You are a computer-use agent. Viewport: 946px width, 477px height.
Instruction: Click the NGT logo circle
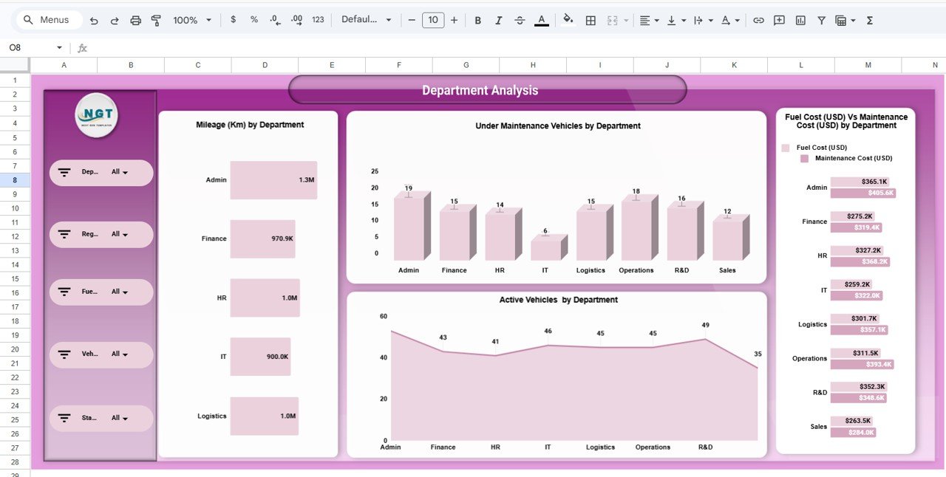pyautogui.click(x=97, y=115)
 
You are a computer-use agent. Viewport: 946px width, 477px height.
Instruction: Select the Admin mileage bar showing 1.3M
pyautogui.click(x=273, y=180)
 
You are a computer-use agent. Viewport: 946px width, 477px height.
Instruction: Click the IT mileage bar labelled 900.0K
pyautogui.click(x=260, y=357)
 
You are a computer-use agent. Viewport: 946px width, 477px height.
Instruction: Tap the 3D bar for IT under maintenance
pyautogui.click(x=545, y=249)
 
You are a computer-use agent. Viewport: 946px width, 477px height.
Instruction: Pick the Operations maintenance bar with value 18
pyautogui.click(x=636, y=230)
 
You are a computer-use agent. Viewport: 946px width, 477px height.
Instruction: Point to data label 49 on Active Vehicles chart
pyautogui.click(x=705, y=326)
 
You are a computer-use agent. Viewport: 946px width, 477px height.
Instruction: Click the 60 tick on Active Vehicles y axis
pyautogui.click(x=383, y=317)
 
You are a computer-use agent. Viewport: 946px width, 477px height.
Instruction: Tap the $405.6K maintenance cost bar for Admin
pyautogui.click(x=862, y=193)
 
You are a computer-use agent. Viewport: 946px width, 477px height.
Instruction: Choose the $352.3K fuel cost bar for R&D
pyautogui.click(x=858, y=387)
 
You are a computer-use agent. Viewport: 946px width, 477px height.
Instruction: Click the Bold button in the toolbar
pyautogui.click(x=477, y=21)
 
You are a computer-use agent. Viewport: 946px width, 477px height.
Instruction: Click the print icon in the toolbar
pyautogui.click(x=135, y=21)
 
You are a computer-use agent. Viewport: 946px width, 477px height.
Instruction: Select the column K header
pyautogui.click(x=734, y=66)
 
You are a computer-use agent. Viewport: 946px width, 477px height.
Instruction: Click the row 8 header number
pyautogui.click(x=15, y=180)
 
